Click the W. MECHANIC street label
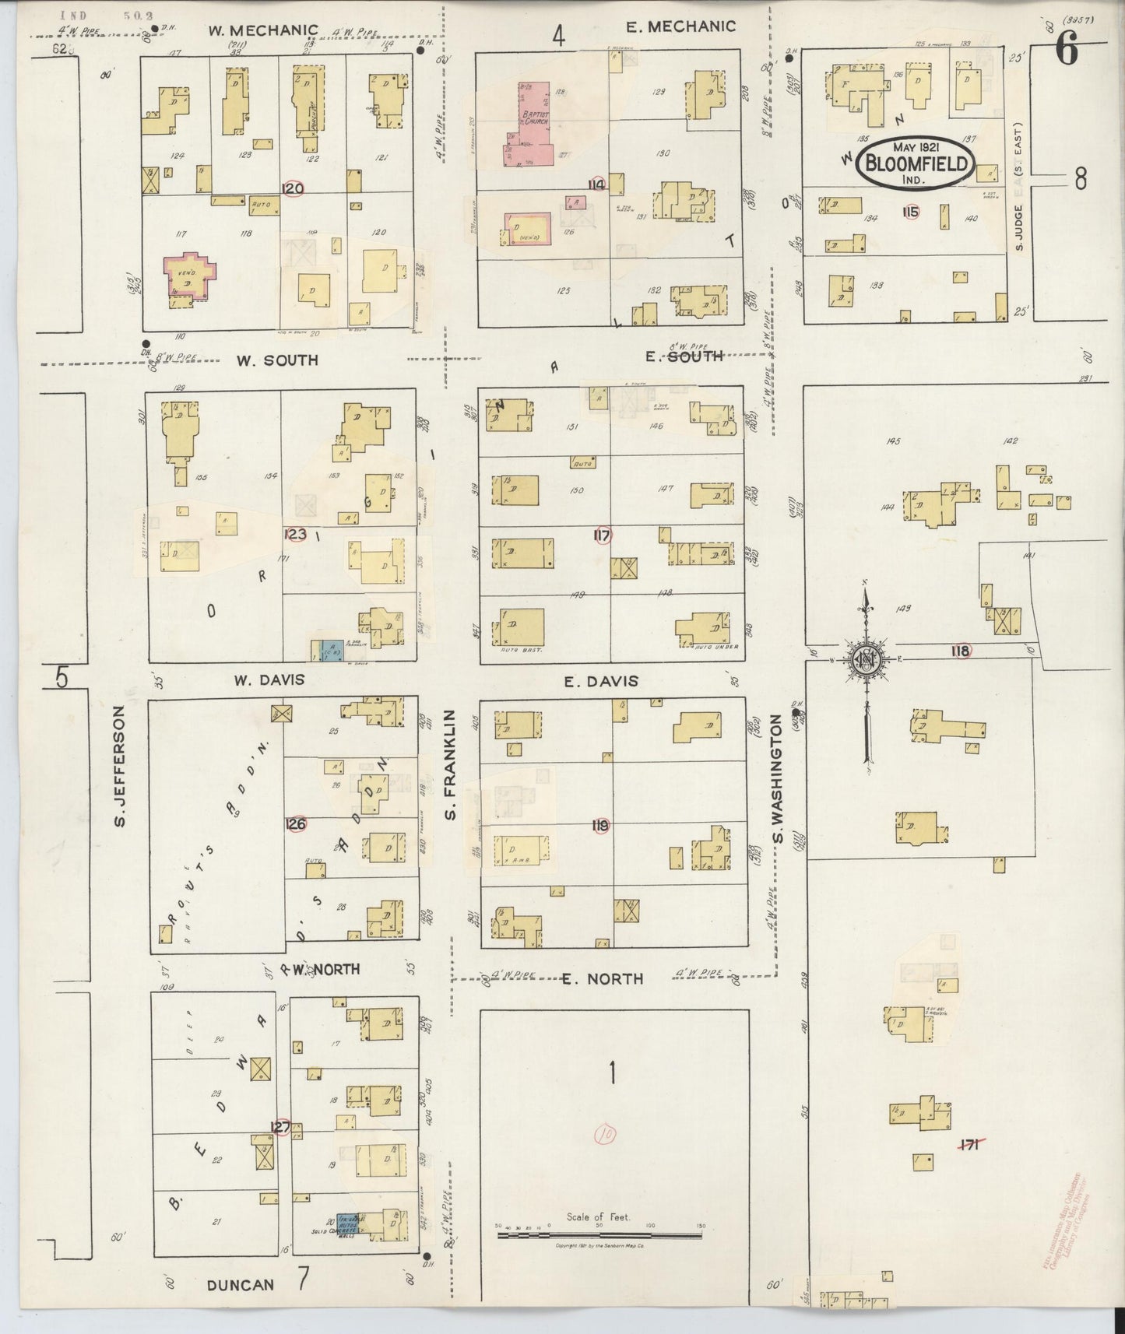[262, 30]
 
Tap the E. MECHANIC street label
[680, 26]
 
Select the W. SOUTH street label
[277, 360]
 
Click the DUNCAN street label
[241, 1285]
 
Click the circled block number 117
[601, 535]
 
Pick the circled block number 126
[295, 824]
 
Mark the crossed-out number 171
[969, 1143]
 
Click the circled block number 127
[279, 1126]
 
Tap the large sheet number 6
[1066, 51]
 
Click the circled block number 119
[600, 826]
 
